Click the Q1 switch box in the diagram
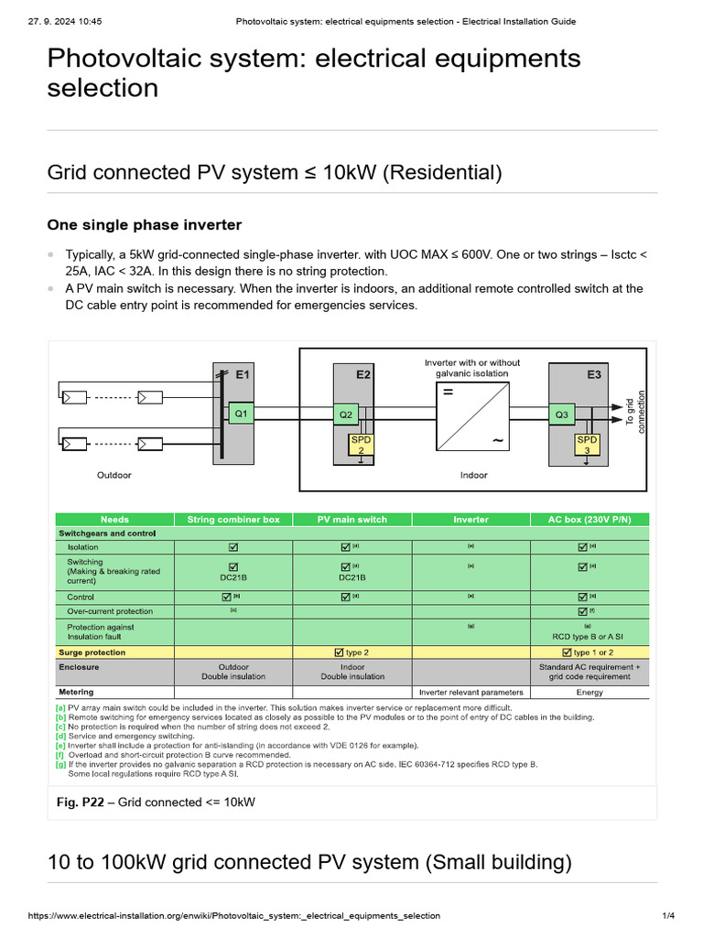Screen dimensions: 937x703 point(241,414)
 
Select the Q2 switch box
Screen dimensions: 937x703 point(346,415)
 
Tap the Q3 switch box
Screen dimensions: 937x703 point(562,415)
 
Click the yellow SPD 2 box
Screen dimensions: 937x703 point(361,445)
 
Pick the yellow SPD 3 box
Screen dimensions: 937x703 point(587,445)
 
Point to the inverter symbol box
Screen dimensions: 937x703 point(472,416)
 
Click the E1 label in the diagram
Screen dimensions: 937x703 point(243,374)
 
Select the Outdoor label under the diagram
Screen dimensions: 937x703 point(114,475)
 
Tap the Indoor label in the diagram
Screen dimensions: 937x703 point(473,475)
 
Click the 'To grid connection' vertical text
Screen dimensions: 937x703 point(635,414)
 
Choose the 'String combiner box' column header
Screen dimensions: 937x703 point(233,519)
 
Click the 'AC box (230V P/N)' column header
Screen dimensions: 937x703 point(589,519)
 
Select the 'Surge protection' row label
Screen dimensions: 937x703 point(92,652)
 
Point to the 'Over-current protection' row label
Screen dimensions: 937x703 point(110,611)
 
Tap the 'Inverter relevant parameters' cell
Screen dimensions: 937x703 point(471,692)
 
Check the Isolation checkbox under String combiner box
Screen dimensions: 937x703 point(233,547)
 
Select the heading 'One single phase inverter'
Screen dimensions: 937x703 point(144,225)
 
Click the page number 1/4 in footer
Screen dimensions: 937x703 point(668,915)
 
